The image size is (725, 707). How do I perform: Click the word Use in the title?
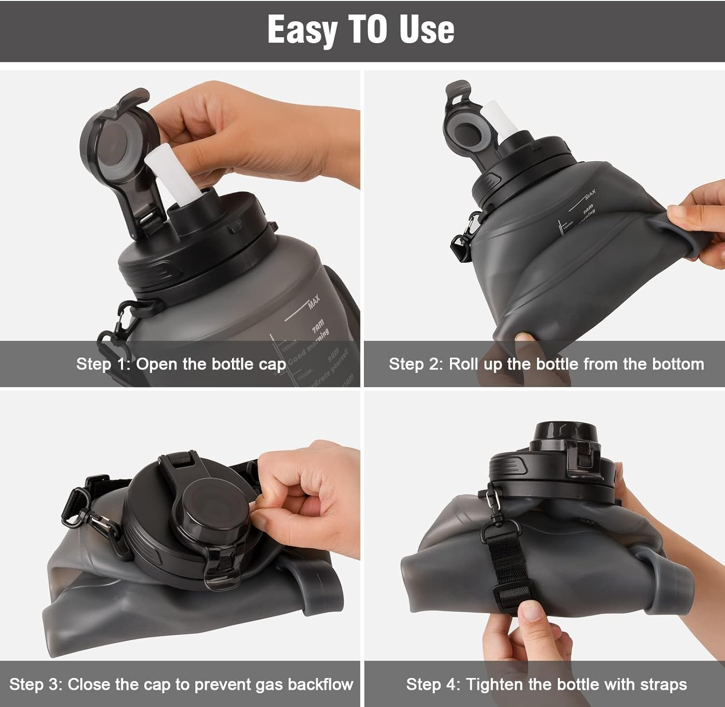[427, 30]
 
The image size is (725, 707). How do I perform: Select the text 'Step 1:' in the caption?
[103, 364]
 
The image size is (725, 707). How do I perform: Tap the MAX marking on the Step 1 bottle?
[314, 302]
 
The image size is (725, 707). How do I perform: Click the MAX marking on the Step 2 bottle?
[590, 195]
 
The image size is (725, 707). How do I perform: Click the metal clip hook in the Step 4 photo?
[493, 501]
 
